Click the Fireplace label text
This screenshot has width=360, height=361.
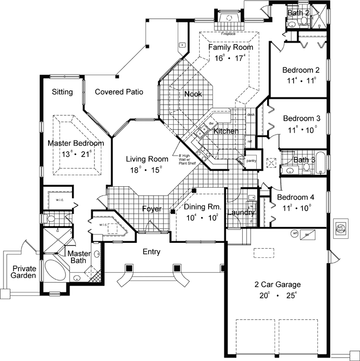229,34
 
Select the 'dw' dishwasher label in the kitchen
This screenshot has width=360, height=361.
211,123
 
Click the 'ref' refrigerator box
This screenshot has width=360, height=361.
250,141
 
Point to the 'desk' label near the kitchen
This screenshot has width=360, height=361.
251,115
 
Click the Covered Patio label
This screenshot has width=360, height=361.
119,92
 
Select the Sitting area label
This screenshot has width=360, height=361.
62,92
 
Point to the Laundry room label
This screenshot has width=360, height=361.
241,213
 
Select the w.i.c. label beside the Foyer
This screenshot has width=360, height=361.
104,224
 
